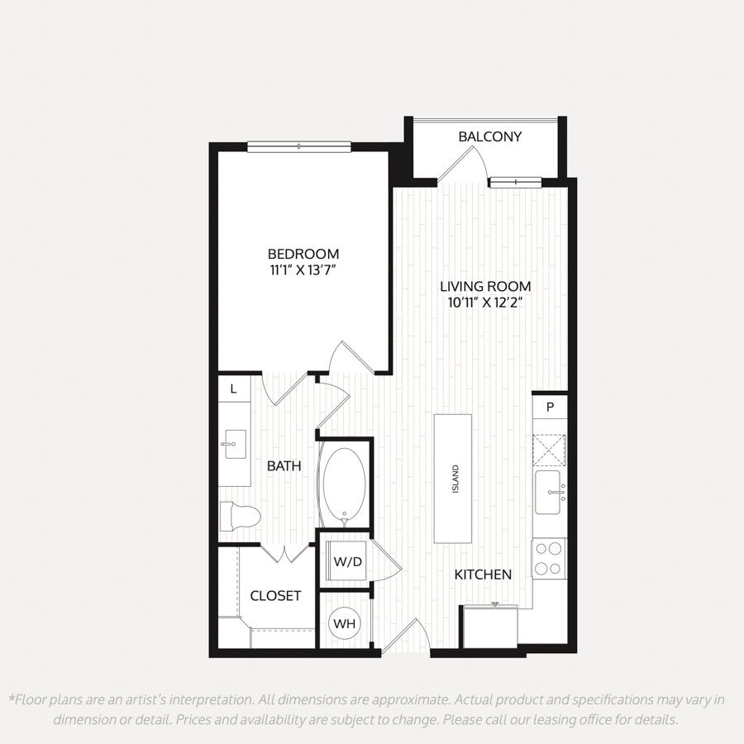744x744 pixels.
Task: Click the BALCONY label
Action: click(x=489, y=136)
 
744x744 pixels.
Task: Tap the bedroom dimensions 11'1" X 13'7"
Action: click(x=303, y=270)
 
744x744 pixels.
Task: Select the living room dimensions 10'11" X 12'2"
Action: click(x=485, y=303)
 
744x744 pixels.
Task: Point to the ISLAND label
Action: click(x=455, y=479)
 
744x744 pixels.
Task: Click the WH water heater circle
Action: click(x=345, y=623)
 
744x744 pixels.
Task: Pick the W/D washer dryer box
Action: click(x=348, y=562)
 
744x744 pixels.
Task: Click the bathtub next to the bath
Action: click(x=344, y=487)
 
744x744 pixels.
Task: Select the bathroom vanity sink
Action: click(x=235, y=444)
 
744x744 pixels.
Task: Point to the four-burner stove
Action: click(x=549, y=559)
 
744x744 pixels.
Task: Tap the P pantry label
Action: click(x=550, y=407)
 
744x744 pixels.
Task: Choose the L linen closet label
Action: click(x=233, y=389)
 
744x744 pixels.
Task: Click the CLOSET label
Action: click(x=275, y=596)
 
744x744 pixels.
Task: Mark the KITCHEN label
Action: click(x=483, y=575)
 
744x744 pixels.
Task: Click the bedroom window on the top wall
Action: click(x=299, y=146)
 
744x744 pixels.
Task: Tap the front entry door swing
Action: click(x=406, y=637)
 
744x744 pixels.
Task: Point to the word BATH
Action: click(x=284, y=466)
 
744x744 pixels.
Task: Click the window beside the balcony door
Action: click(x=516, y=181)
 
